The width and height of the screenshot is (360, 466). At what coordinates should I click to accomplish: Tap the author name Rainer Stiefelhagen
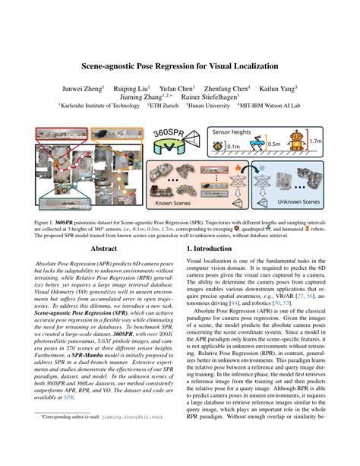pyautogui.click(x=207, y=97)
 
